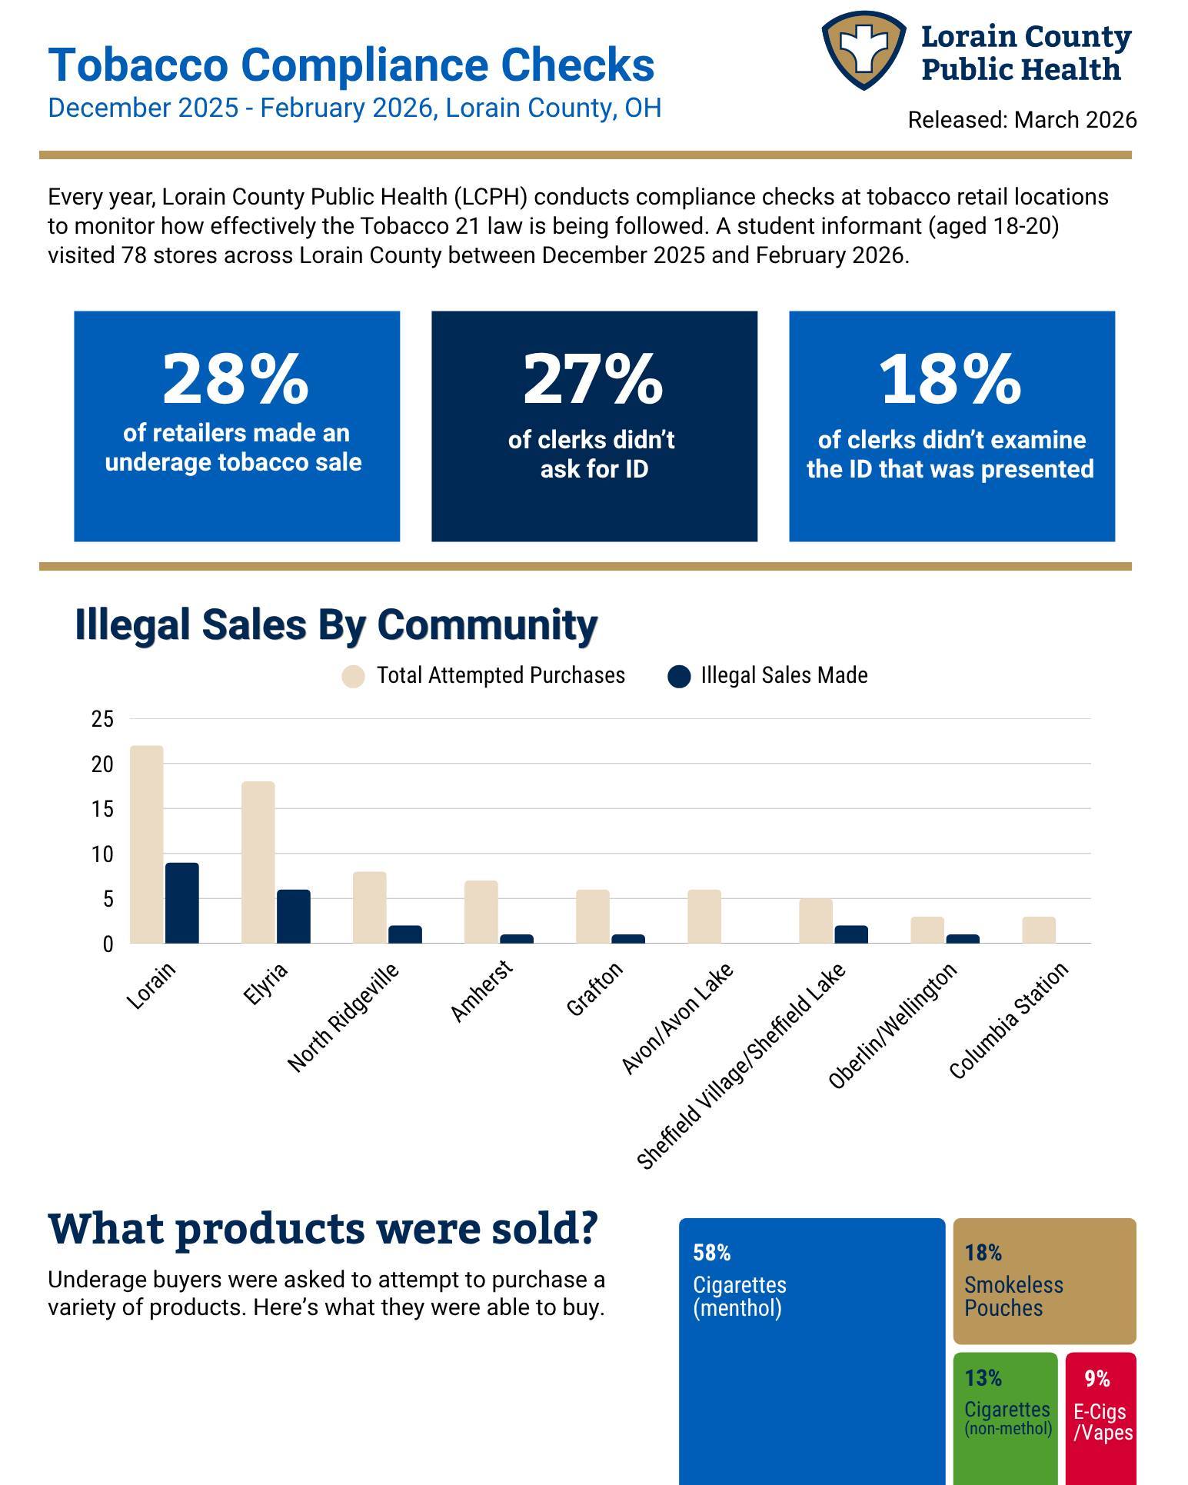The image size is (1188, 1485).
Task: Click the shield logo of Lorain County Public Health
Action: click(864, 50)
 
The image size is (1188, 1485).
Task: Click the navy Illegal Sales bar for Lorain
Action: click(182, 903)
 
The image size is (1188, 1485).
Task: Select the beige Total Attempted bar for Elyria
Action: click(258, 862)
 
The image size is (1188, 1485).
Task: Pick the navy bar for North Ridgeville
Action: click(405, 934)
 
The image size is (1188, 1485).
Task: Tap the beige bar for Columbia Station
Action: click(1039, 930)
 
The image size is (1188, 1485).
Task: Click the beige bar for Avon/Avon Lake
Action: click(704, 917)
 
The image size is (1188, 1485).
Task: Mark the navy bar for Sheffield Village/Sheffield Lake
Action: click(851, 934)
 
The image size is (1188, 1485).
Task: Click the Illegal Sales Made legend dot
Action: click(679, 677)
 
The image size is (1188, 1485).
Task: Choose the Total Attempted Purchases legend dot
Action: click(353, 677)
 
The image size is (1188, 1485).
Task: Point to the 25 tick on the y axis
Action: click(102, 719)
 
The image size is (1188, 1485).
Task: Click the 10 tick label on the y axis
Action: click(102, 854)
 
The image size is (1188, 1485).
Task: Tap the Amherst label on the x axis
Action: click(481, 991)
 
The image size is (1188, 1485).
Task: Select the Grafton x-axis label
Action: click(594, 989)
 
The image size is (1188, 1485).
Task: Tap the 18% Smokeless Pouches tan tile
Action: click(1045, 1280)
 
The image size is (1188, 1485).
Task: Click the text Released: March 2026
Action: click(1022, 120)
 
